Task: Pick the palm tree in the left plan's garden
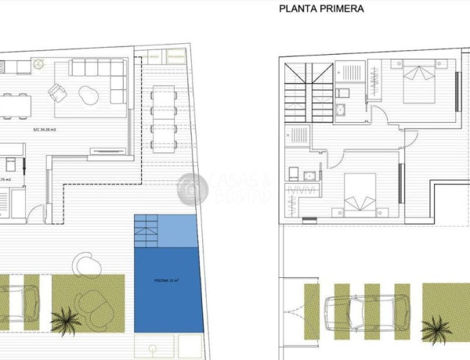point(64,319)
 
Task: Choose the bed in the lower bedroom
point(361,193)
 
